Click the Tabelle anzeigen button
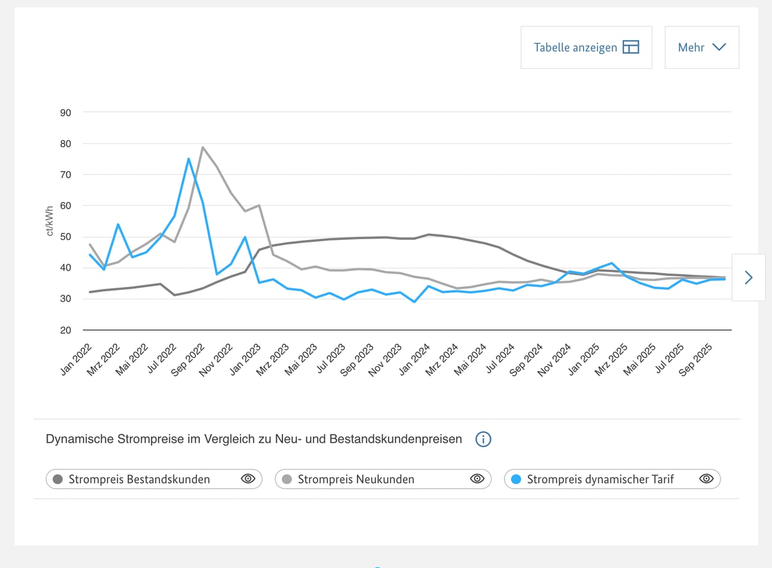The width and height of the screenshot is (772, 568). (x=586, y=47)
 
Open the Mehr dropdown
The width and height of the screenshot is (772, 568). (x=701, y=47)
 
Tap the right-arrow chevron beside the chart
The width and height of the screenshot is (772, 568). (x=748, y=277)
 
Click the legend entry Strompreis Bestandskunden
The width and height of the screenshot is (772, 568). (x=139, y=479)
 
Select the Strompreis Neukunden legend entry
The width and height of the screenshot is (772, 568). (x=356, y=479)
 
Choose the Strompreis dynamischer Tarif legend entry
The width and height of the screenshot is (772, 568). (x=600, y=479)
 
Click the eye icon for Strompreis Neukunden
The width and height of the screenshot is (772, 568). (x=477, y=479)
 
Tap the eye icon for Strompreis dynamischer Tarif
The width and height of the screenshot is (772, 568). (x=706, y=479)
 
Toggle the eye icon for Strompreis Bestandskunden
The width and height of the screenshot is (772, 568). (x=248, y=479)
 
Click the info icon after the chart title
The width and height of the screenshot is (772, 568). (x=483, y=439)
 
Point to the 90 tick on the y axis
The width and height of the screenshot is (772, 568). (x=66, y=113)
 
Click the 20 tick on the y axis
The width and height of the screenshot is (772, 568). (x=66, y=330)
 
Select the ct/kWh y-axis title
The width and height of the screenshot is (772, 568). (x=50, y=221)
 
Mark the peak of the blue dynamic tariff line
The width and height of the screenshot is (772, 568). (x=188, y=158)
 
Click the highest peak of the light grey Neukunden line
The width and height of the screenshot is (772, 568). (x=203, y=147)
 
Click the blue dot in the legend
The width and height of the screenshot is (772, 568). (x=516, y=479)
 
